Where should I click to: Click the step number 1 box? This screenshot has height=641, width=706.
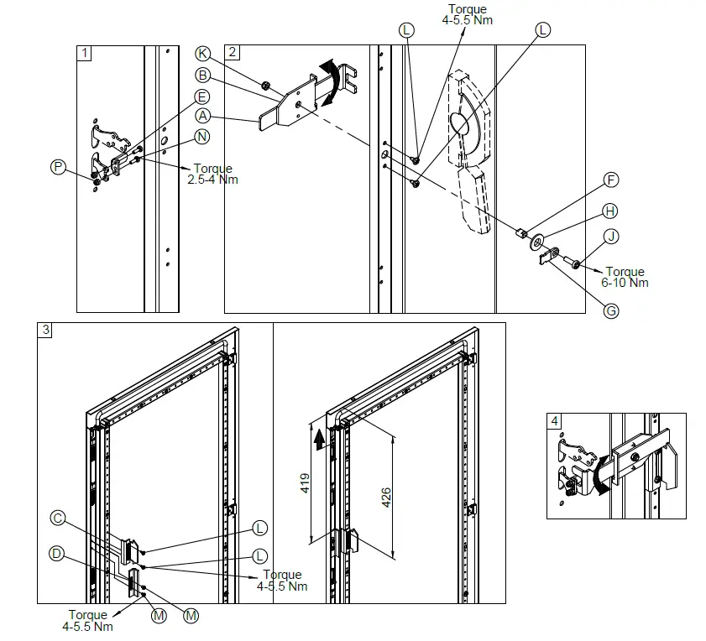click(x=83, y=52)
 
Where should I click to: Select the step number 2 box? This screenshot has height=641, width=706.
click(x=233, y=52)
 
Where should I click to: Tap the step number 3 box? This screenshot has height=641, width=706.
click(x=45, y=331)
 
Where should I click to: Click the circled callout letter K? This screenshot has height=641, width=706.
click(x=202, y=53)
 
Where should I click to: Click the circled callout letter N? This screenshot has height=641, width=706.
click(x=202, y=136)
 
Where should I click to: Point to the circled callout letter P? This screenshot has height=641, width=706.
click(x=57, y=167)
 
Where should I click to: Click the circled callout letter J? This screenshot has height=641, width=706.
click(x=612, y=237)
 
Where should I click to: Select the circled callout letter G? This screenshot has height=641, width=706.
click(x=611, y=310)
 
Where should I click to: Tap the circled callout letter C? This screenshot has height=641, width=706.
click(x=58, y=519)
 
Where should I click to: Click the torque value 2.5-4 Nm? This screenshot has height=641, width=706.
click(x=212, y=175)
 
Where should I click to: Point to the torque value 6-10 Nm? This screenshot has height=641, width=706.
click(x=625, y=277)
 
